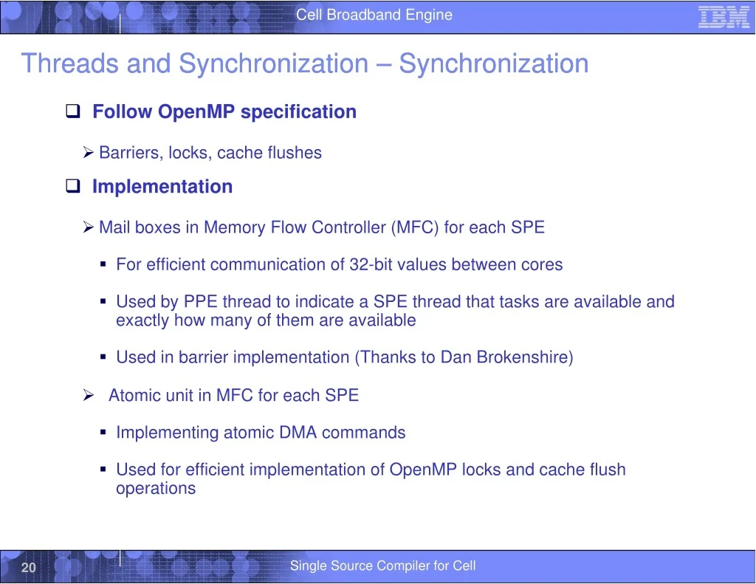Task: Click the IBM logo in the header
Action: click(724, 17)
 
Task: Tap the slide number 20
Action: click(29, 567)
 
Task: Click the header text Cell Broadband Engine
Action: click(374, 15)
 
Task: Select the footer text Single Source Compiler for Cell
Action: click(383, 566)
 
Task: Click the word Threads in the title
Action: click(70, 63)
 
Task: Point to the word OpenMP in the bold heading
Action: click(196, 112)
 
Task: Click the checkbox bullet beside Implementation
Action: click(73, 185)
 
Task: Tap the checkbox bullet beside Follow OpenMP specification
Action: click(73, 111)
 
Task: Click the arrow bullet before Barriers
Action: click(88, 152)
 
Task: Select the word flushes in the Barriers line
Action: click(295, 152)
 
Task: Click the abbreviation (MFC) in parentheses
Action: click(415, 227)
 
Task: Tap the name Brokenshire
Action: click(525, 357)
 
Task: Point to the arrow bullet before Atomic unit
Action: click(88, 396)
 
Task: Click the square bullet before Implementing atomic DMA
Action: click(103, 433)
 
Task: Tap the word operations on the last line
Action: click(156, 489)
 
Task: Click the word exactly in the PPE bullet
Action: click(142, 320)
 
